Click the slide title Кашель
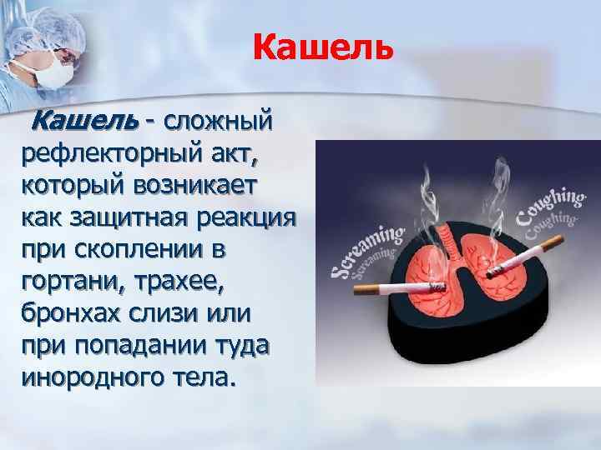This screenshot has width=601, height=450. click(x=321, y=47)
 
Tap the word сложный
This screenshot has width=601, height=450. click(x=219, y=122)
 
